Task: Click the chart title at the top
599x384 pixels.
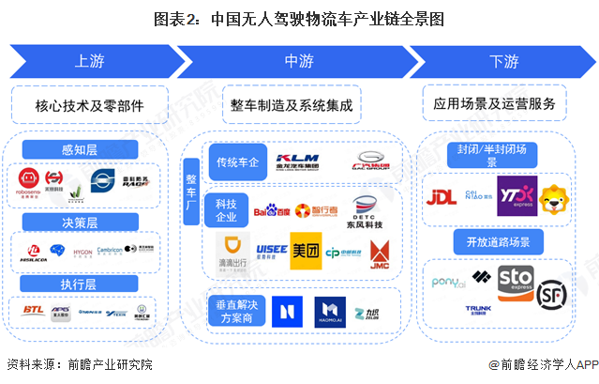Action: coord(299,18)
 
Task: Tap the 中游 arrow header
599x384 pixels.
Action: coord(298,62)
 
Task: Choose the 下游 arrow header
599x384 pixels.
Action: coord(502,62)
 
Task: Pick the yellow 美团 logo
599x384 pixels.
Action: coord(306,251)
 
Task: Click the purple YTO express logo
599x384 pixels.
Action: coord(516,196)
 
